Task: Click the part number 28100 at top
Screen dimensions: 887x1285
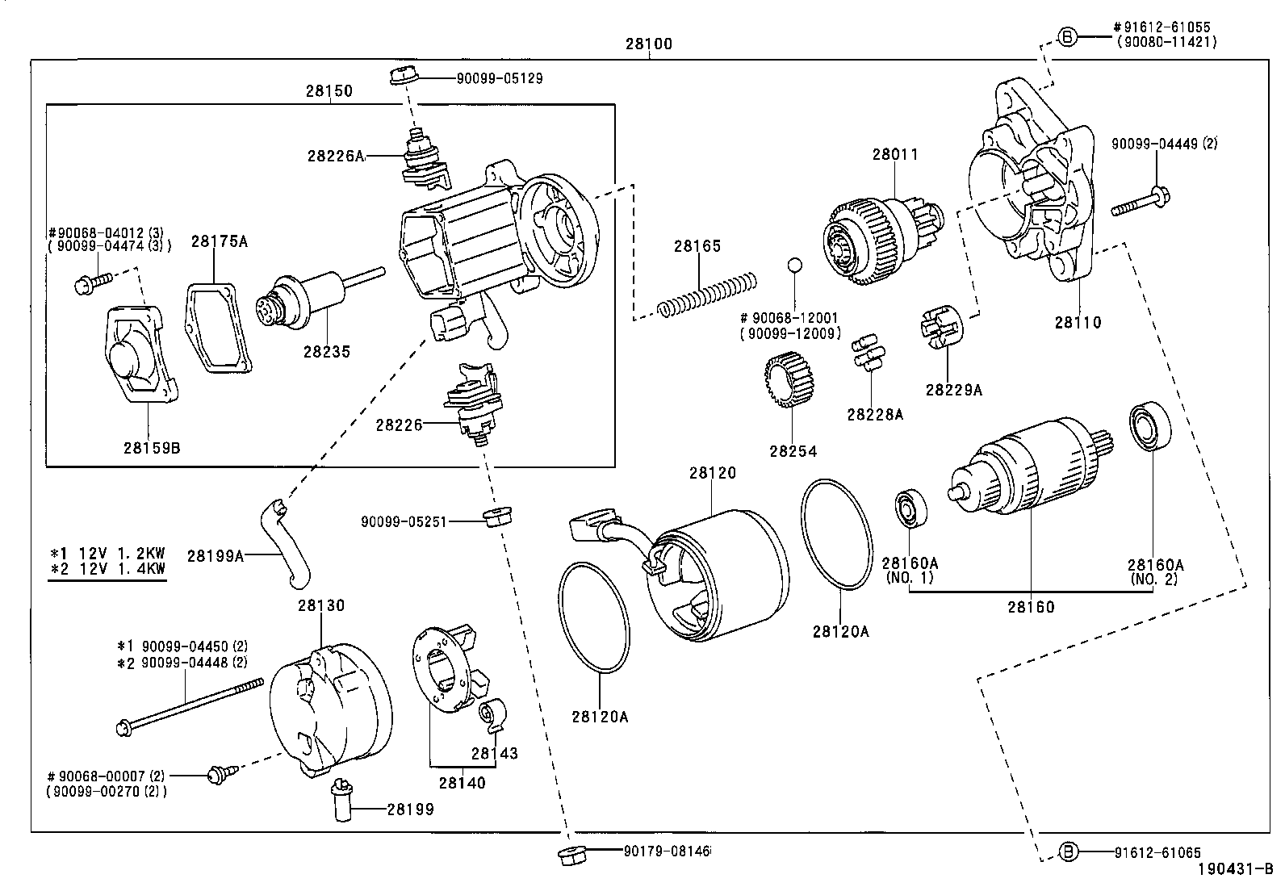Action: click(648, 44)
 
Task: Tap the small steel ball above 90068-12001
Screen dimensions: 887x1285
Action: click(794, 264)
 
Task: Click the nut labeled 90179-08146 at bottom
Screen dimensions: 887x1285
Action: click(571, 856)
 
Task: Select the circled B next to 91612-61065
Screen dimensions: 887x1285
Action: click(1068, 851)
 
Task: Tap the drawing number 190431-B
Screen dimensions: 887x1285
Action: click(1234, 869)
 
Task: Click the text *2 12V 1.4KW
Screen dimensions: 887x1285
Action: click(107, 568)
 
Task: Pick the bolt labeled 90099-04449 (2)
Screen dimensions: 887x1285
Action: click(1141, 201)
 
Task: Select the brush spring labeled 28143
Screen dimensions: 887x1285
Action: click(491, 715)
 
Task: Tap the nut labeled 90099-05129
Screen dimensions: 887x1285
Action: click(401, 77)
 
